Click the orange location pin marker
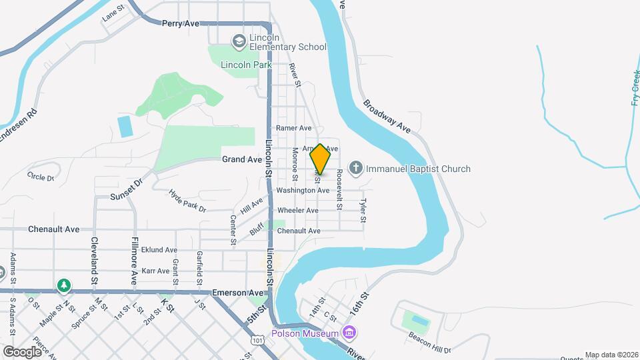(321, 159)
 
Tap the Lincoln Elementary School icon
(238, 42)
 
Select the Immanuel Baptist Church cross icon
(356, 169)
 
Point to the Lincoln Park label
(246, 65)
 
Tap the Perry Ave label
(181, 23)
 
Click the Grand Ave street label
(242, 159)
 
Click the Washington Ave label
(303, 190)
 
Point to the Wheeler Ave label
(297, 210)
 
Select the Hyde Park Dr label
(187, 200)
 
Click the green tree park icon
(64, 286)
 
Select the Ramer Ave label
(293, 128)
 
